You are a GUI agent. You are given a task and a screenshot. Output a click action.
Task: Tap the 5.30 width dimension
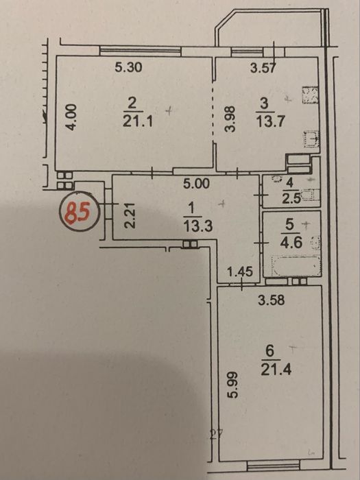[129, 67]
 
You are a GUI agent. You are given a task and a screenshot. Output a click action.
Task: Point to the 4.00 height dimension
[71, 117]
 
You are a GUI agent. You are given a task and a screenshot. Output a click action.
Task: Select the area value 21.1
[138, 122]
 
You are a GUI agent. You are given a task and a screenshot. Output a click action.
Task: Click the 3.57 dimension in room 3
[263, 68]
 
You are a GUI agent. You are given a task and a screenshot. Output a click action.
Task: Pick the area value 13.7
[271, 121]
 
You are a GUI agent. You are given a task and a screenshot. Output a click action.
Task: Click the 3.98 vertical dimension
[230, 119]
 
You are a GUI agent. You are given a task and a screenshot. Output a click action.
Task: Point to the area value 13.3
[197, 227]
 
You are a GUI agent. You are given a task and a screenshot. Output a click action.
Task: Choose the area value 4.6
[291, 243]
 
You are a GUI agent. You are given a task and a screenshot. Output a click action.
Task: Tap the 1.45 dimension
[241, 272]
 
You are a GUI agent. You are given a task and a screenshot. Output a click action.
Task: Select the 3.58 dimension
[272, 300]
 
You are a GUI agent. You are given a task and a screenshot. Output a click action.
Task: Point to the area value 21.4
[276, 370]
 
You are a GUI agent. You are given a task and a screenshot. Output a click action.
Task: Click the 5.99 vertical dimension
[233, 385]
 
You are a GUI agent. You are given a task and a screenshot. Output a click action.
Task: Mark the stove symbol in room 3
[311, 95]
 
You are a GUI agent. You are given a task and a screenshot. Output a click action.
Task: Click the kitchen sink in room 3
[311, 139]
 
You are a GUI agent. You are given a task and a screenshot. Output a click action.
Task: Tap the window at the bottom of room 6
[274, 466]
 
